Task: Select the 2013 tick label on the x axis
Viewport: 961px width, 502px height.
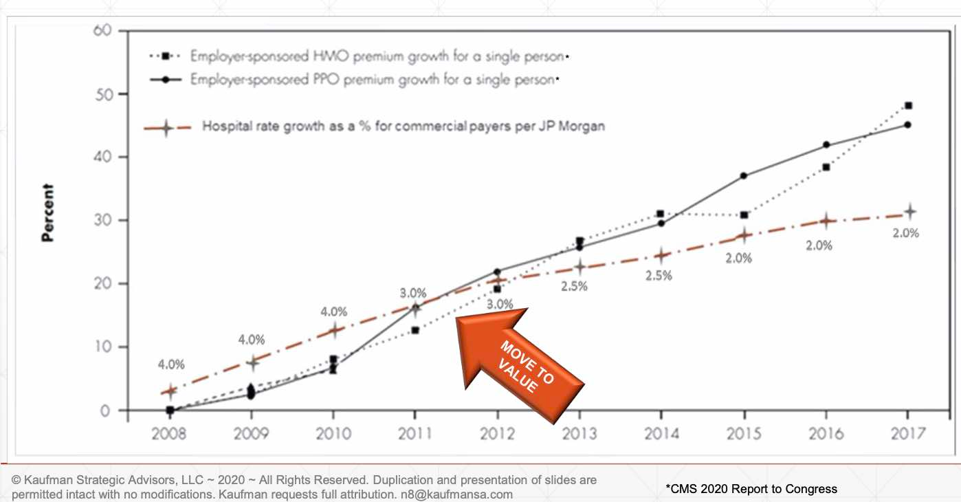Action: tap(579, 435)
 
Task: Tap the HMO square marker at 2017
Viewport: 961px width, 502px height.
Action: tap(908, 106)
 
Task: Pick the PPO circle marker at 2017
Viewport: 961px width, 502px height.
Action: tap(908, 125)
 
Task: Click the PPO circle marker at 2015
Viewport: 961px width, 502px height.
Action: tap(744, 176)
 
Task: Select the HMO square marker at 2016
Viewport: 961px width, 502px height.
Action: tap(826, 167)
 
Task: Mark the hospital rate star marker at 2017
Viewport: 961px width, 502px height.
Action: tap(909, 211)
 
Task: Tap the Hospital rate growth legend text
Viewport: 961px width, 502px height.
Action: tap(404, 127)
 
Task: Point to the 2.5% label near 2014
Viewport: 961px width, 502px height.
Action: tap(659, 276)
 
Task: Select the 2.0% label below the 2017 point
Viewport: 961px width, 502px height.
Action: tap(905, 233)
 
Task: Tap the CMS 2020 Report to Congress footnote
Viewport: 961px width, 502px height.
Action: tap(751, 489)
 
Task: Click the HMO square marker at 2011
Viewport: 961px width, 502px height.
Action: tap(415, 331)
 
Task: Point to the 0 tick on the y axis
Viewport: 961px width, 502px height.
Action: tap(104, 411)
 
